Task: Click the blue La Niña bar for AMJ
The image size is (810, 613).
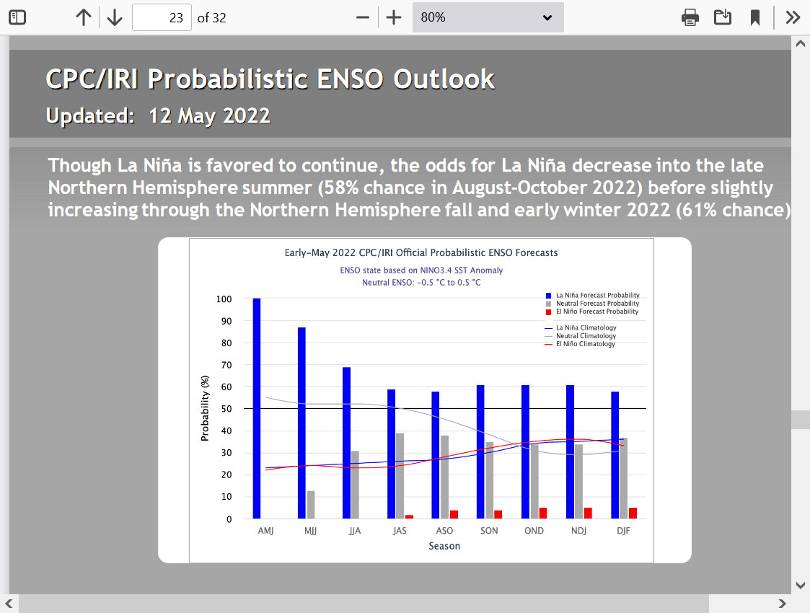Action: click(257, 408)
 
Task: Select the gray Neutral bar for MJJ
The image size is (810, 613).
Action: click(311, 505)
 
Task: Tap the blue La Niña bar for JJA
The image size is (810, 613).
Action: click(347, 443)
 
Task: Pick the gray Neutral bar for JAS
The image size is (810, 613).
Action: click(400, 476)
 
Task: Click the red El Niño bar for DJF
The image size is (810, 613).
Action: click(633, 513)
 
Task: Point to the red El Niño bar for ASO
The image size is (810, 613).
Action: click(454, 514)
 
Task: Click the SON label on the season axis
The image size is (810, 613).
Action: click(489, 530)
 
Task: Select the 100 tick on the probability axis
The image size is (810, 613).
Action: click(224, 299)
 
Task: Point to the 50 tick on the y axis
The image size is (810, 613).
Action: click(226, 408)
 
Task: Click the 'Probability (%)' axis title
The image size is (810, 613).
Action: click(205, 408)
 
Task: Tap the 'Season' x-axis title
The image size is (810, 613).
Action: click(444, 546)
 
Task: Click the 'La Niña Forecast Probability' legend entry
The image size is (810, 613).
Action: click(592, 296)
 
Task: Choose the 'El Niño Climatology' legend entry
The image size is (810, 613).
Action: click(580, 344)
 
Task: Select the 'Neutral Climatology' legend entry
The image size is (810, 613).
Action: click(581, 335)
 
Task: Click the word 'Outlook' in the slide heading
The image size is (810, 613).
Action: click(444, 79)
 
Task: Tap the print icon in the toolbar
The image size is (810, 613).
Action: click(690, 17)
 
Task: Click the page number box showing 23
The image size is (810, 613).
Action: click(162, 17)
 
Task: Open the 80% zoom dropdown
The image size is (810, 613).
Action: click(488, 17)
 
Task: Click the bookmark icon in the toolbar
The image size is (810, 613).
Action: click(755, 17)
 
